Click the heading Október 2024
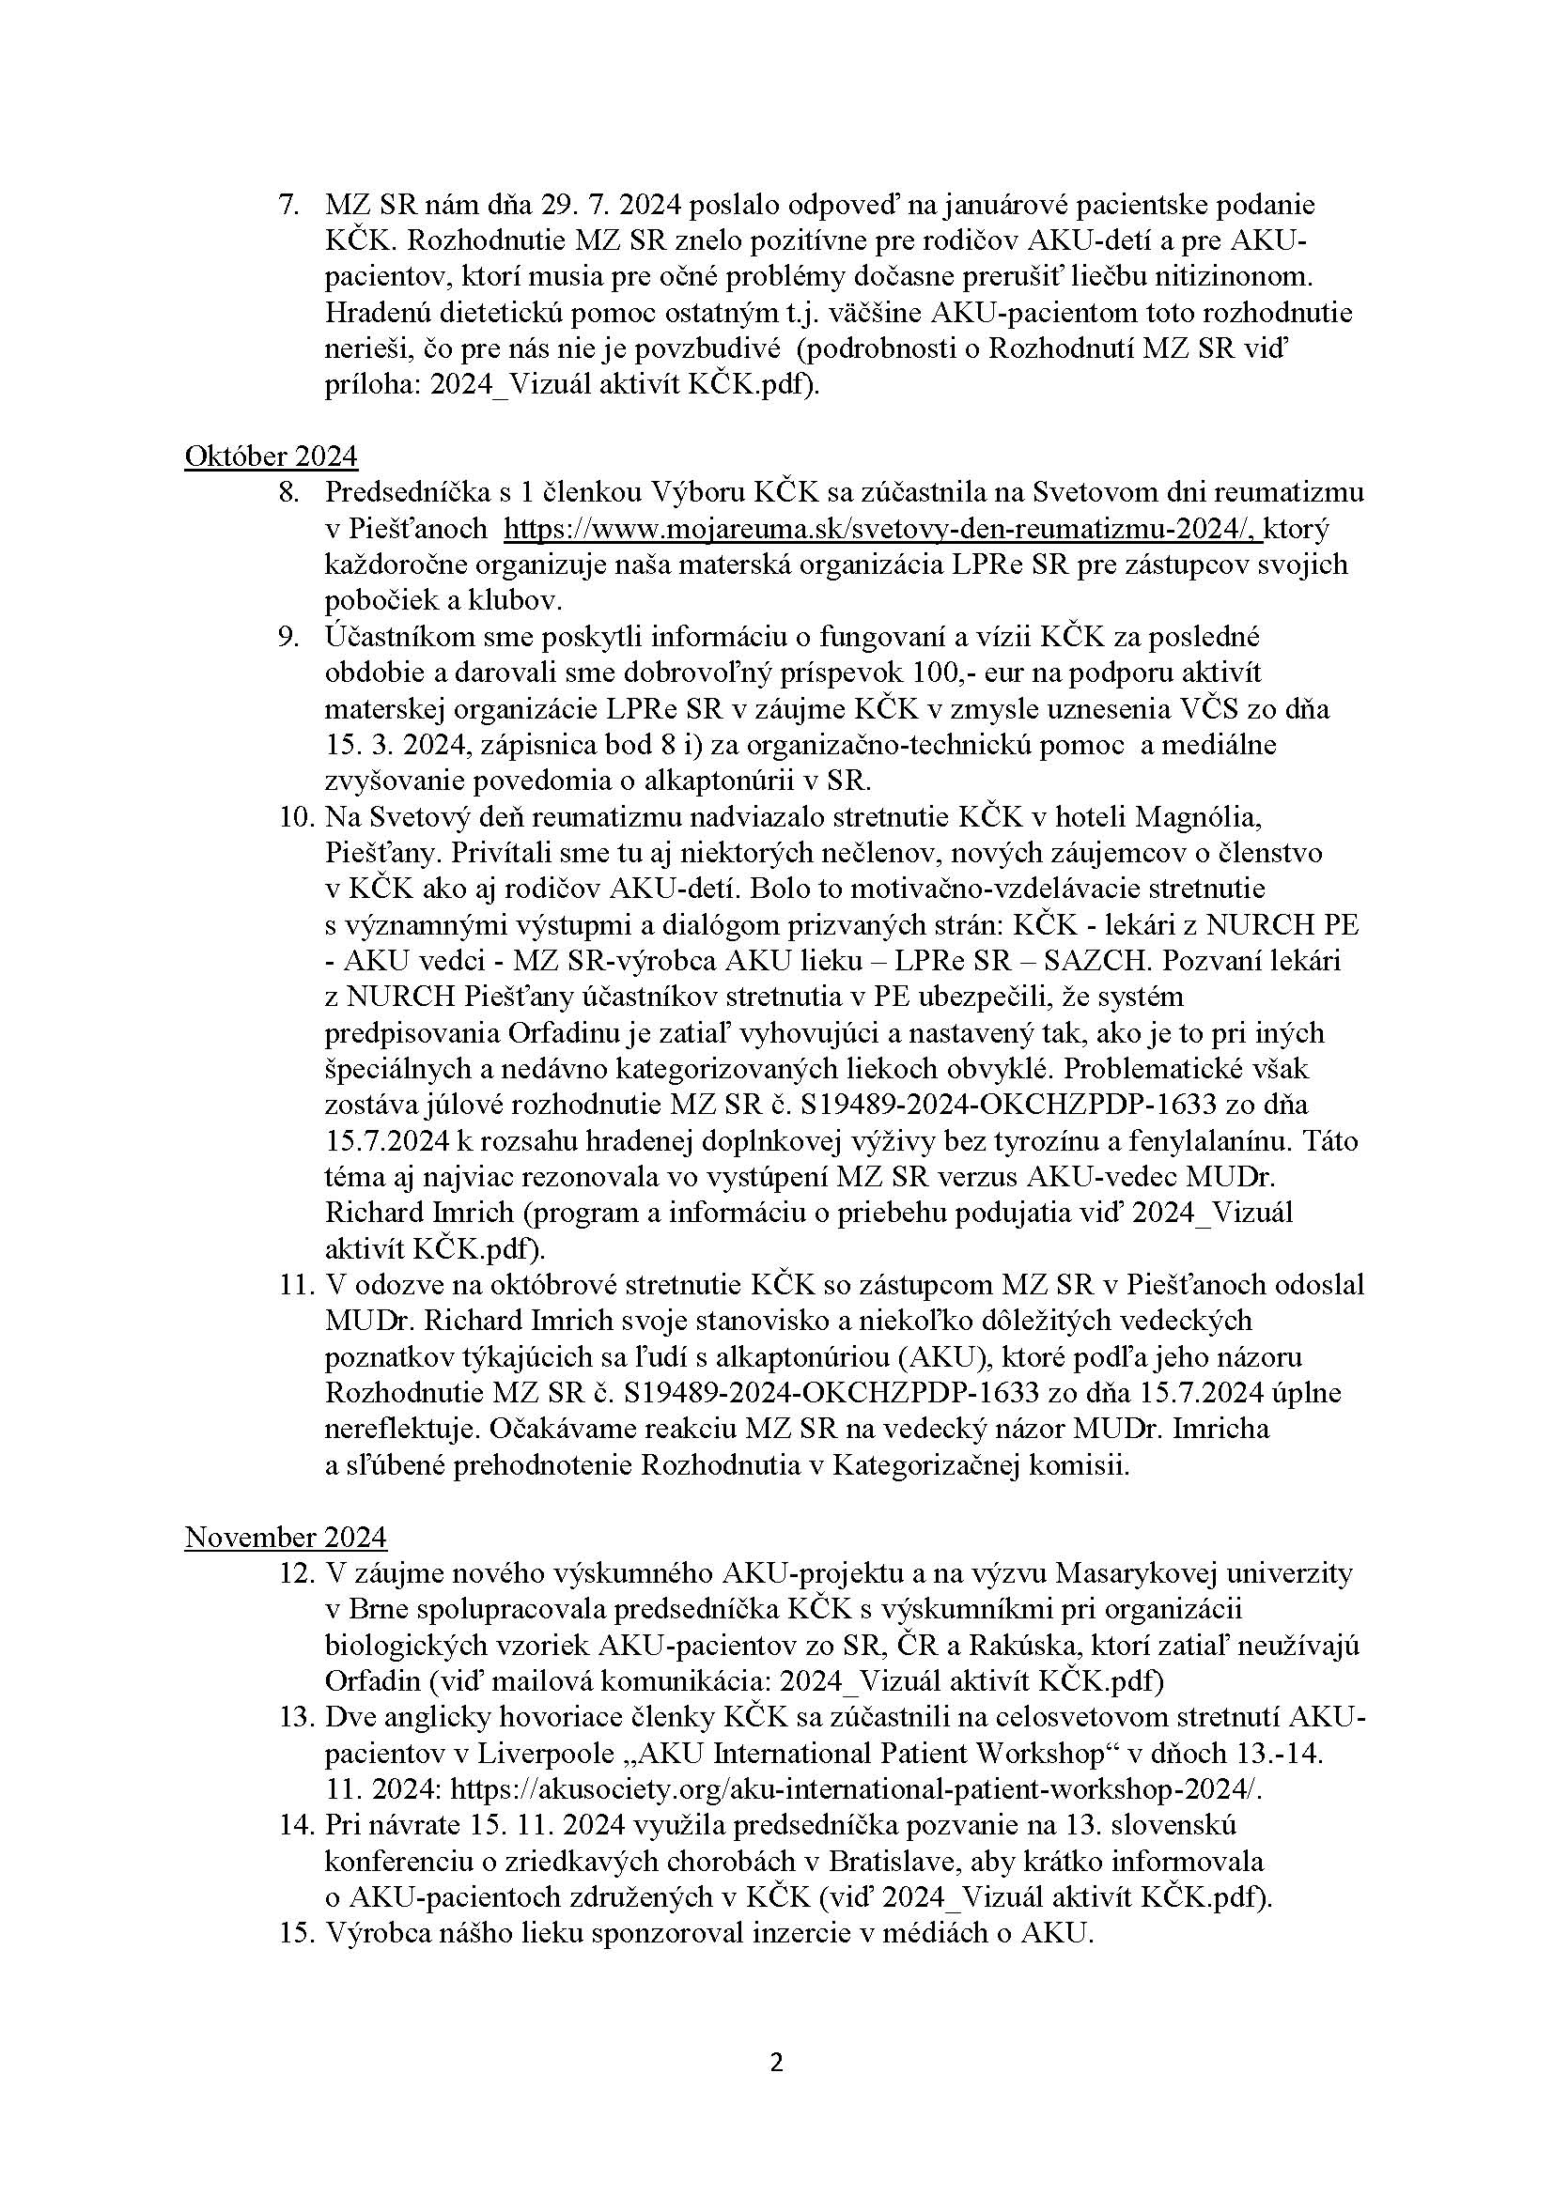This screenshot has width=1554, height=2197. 271,456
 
